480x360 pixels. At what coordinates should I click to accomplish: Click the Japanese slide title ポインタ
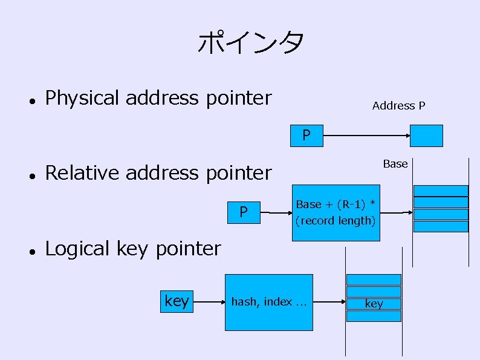[x=251, y=43]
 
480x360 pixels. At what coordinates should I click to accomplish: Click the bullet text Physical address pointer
[x=158, y=98]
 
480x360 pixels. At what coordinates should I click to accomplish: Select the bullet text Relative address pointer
[x=158, y=173]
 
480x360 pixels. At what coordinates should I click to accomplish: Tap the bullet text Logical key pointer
[x=133, y=249]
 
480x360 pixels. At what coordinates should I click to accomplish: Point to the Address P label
[x=398, y=106]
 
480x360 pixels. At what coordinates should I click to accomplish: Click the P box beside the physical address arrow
[x=306, y=136]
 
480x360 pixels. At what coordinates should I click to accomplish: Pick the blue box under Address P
[x=426, y=136]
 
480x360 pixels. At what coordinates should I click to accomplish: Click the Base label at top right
[x=395, y=164]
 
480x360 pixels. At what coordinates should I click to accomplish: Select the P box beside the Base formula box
[x=244, y=212]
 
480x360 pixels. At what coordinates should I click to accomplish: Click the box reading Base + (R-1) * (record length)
[x=336, y=212]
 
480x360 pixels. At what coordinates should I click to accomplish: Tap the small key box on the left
[x=177, y=301]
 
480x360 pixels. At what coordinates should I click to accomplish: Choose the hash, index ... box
[x=269, y=302]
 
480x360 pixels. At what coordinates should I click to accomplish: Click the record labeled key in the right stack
[x=374, y=304]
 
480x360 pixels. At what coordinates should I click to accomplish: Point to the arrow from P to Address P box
[x=366, y=136]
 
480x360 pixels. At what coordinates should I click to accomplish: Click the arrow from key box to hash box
[x=207, y=301]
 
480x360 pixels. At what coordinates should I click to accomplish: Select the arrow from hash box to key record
[x=329, y=302]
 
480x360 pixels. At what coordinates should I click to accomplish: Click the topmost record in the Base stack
[x=441, y=191]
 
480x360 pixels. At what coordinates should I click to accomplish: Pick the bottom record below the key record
[x=374, y=316]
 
